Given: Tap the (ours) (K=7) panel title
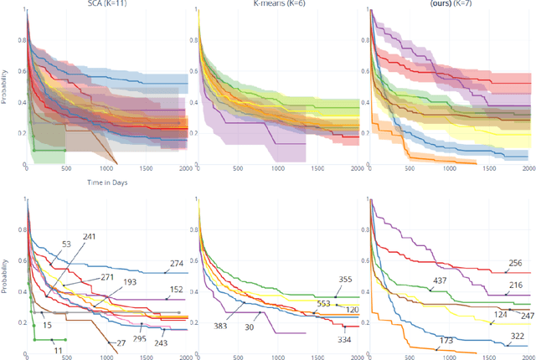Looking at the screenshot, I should point(446,6).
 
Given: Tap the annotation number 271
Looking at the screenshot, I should point(107,276).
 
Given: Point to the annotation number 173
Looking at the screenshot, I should point(446,341).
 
